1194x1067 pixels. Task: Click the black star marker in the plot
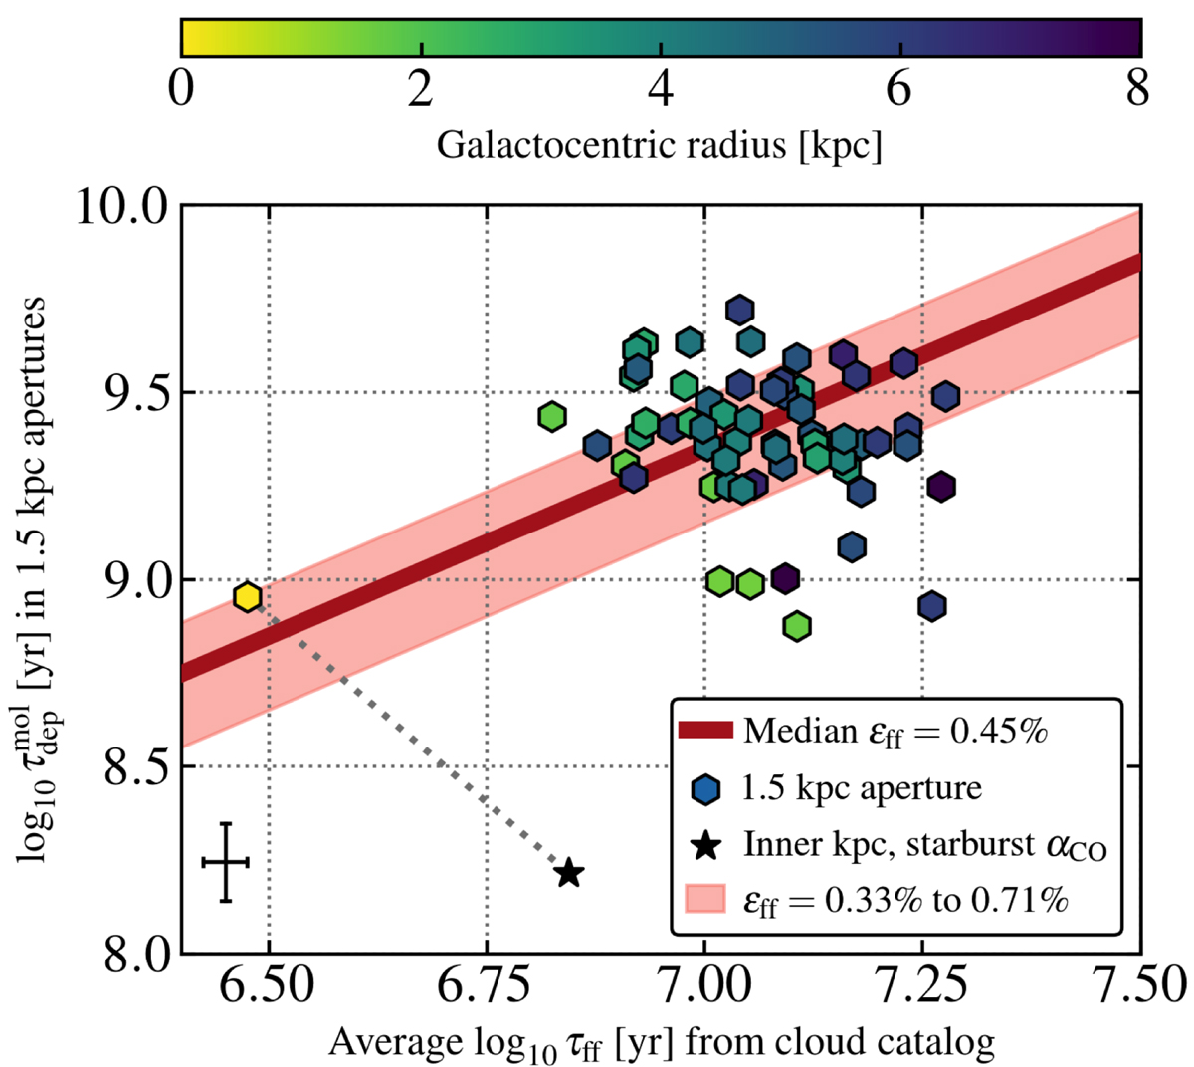569,873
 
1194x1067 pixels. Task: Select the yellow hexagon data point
247,597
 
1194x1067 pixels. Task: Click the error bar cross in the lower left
226,862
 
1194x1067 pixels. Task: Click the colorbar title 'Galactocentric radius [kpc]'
660,146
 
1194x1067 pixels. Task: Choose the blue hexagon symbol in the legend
705,788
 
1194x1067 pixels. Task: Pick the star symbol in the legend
705,846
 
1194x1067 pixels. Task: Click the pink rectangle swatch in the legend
705,902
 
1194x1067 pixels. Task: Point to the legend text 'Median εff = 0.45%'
895,731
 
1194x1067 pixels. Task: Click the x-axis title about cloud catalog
662,1043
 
